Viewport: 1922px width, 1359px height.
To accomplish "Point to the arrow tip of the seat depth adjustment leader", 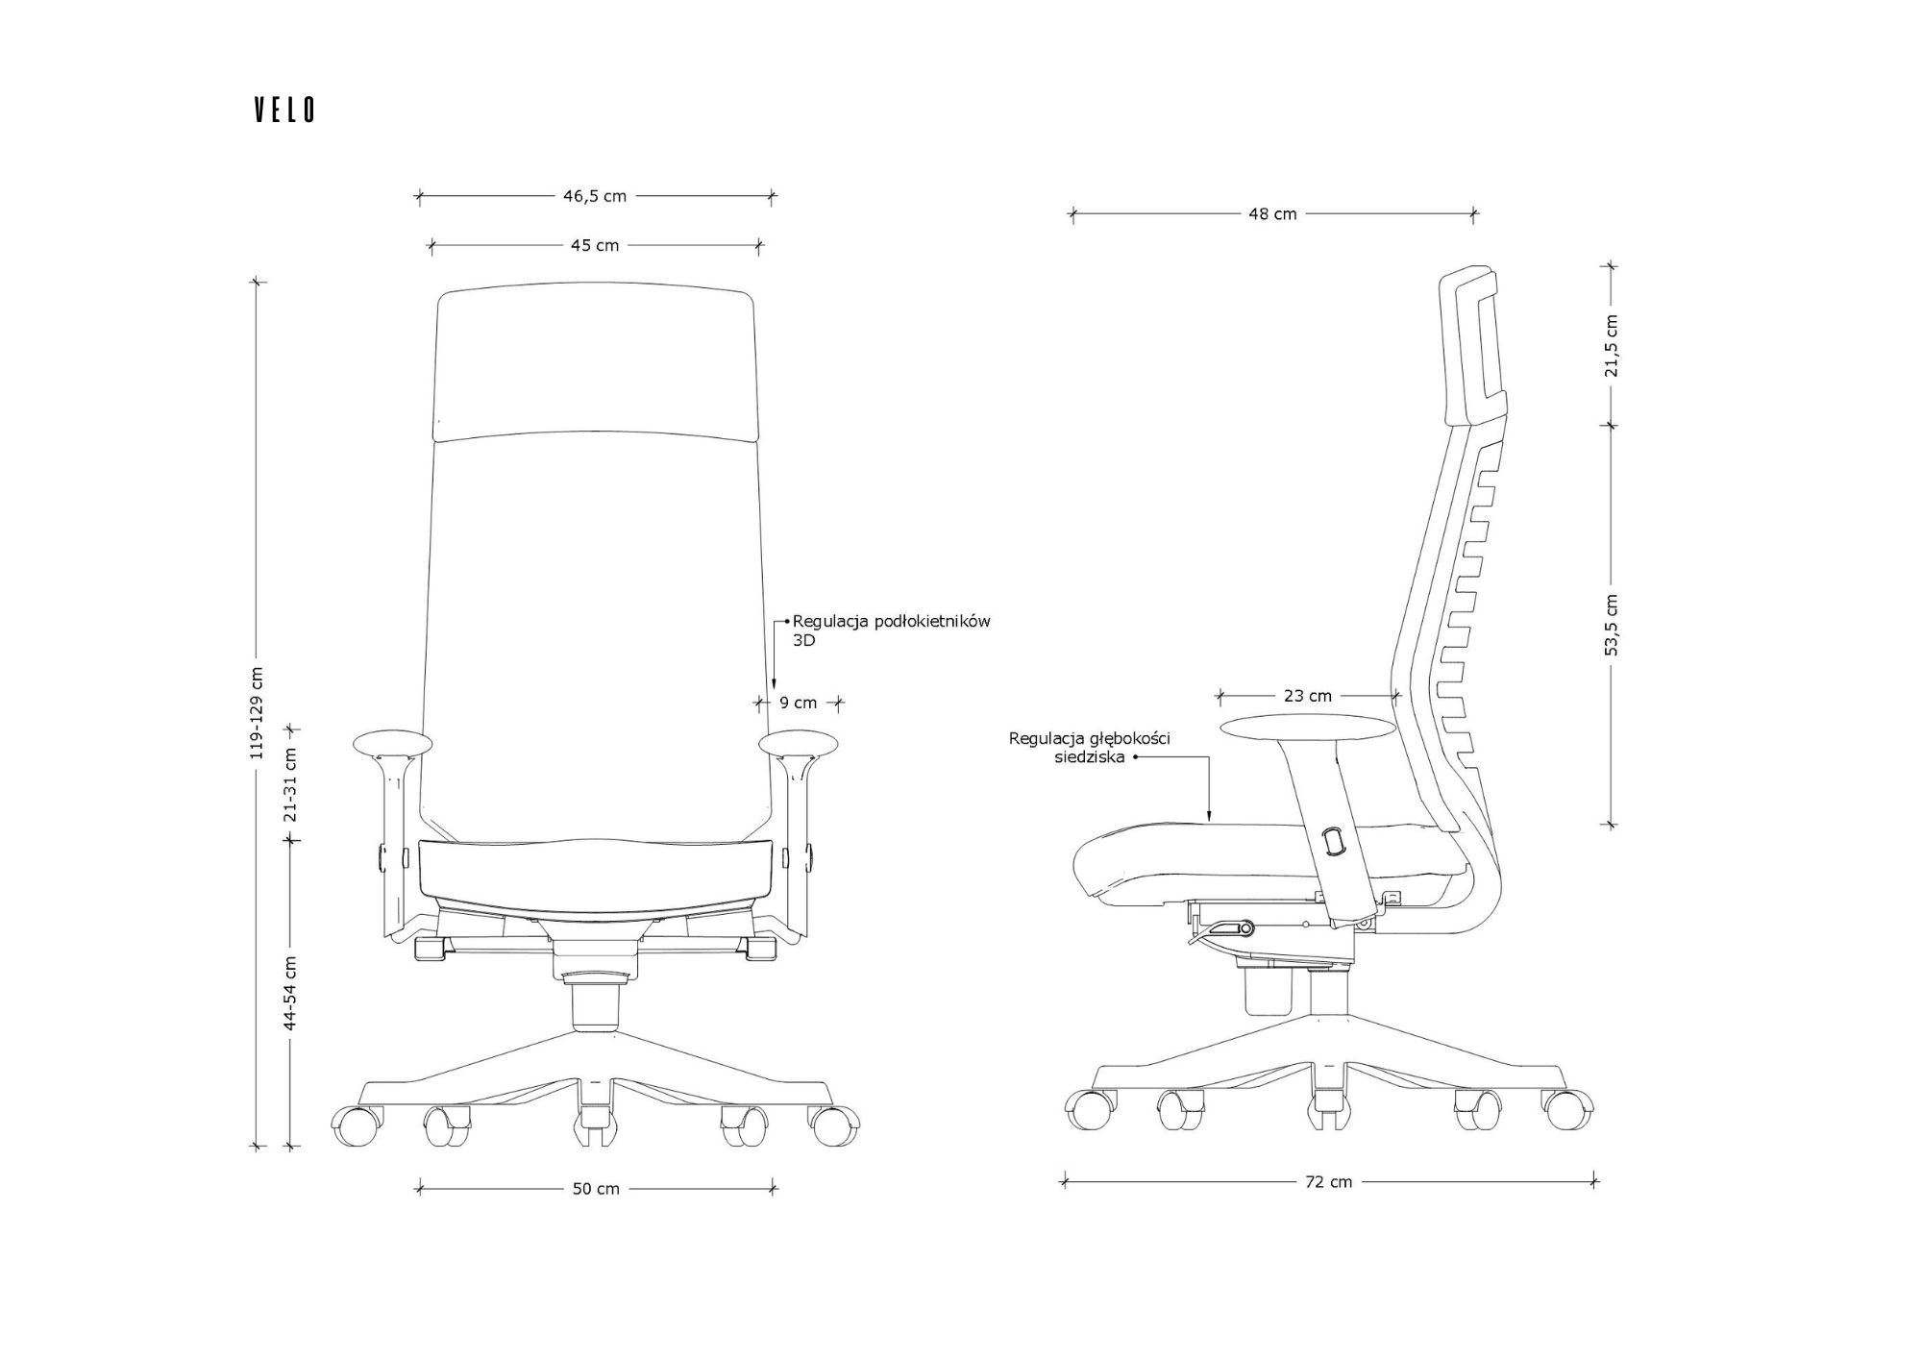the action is point(1210,822).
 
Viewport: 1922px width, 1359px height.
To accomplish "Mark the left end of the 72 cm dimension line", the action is point(1064,1182).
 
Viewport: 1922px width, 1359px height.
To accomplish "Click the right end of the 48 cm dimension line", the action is point(1474,214).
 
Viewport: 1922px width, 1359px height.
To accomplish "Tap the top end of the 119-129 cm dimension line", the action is point(256,282).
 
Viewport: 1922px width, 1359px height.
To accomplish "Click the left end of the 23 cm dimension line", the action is point(1220,695).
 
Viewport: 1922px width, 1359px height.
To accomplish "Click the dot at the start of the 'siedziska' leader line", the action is point(1135,757).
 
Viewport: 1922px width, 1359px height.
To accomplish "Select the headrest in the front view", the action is point(594,362).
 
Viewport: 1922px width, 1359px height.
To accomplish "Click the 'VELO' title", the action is point(284,111).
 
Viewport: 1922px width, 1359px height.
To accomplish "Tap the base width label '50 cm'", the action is point(596,1189).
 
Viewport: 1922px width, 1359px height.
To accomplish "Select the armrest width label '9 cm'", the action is point(798,703).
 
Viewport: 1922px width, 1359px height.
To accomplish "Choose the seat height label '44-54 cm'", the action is point(291,993).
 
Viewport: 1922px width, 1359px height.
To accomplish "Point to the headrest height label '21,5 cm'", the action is point(1612,346).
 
